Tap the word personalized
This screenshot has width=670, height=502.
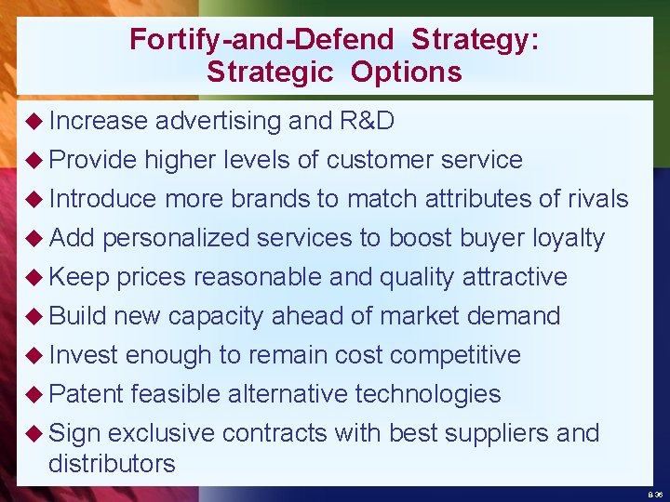point(176,238)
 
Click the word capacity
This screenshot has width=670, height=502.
point(215,316)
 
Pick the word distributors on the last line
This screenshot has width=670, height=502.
point(112,464)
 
